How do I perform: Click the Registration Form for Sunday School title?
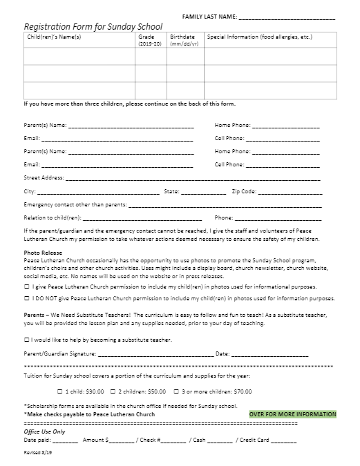click(x=93, y=27)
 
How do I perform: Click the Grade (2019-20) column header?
click(x=150, y=39)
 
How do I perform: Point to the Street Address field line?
click(x=193, y=178)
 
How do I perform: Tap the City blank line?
click(x=97, y=192)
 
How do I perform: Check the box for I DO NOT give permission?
click(x=26, y=299)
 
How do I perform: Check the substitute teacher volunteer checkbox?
click(x=26, y=340)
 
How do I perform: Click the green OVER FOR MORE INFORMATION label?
click(x=292, y=414)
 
